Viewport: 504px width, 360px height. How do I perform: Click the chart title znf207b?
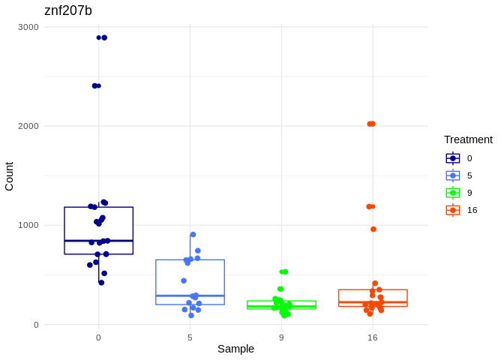pos(68,10)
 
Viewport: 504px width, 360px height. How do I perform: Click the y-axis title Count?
pos(9,176)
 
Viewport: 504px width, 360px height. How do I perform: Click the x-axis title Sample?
pos(235,349)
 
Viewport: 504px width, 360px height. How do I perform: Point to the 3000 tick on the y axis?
pos(28,27)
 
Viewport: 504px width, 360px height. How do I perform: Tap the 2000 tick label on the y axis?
pos(28,126)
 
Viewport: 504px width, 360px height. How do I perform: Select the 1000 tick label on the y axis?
pos(28,225)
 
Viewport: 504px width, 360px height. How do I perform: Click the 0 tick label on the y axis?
pos(35,325)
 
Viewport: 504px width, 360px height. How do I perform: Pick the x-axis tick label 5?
pos(190,337)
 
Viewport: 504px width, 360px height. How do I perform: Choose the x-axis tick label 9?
pos(281,337)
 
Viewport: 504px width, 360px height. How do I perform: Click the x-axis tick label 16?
pos(373,337)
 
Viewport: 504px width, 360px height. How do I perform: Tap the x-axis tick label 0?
pos(98,337)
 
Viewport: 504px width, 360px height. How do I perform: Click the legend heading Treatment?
pos(468,139)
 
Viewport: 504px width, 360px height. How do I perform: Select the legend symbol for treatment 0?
pos(453,158)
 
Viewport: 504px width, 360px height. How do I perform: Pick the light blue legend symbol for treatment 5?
pos(453,175)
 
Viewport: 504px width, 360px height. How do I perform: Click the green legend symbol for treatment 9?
pos(453,193)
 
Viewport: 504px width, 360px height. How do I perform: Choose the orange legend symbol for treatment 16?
pos(453,210)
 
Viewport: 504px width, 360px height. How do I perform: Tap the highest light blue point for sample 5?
pos(193,235)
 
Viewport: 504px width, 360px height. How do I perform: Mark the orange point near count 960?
pos(373,229)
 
